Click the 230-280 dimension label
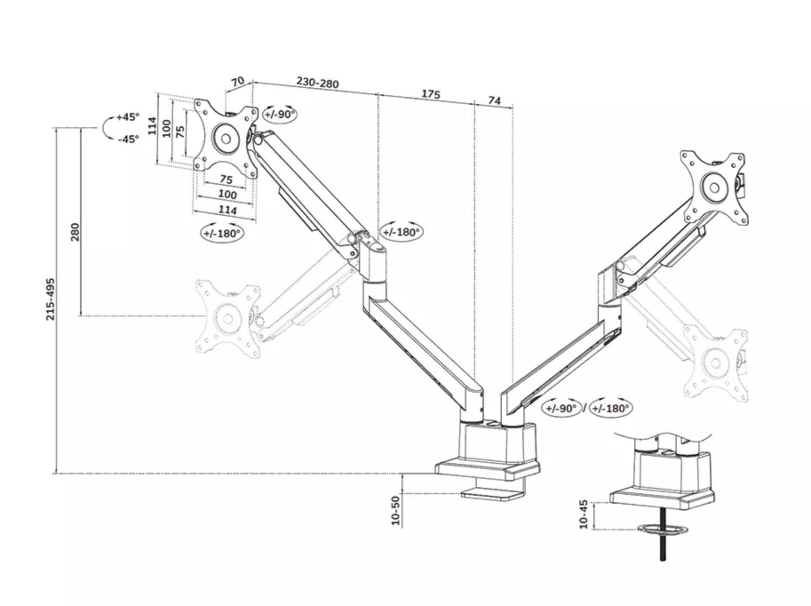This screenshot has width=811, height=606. (317, 83)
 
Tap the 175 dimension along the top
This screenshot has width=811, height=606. (430, 94)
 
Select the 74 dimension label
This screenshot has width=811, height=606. (494, 101)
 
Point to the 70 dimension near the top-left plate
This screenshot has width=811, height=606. (238, 81)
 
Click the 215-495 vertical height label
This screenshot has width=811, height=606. (51, 299)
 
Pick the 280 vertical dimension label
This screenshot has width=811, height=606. (75, 232)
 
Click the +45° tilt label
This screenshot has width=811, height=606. (127, 117)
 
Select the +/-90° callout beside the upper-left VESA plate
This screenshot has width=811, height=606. (280, 114)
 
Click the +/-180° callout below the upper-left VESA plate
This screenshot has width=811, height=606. (222, 233)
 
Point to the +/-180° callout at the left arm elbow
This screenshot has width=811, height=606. (401, 232)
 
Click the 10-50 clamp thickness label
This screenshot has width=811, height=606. (396, 510)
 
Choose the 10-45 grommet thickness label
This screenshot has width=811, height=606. (584, 514)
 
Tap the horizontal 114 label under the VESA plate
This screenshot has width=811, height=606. (227, 210)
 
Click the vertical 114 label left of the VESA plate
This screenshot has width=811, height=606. (152, 126)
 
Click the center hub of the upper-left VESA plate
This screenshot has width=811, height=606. (226, 139)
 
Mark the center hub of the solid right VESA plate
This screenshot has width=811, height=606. (715, 188)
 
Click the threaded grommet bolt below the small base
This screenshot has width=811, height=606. (663, 546)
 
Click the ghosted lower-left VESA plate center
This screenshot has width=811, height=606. (228, 319)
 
